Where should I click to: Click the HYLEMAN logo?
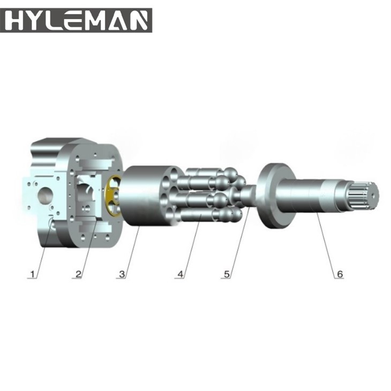[x=76, y=20]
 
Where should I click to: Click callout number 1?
[x=33, y=274]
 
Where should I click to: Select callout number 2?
[x=78, y=274]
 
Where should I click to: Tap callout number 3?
[x=122, y=274]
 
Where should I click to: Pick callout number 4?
[x=181, y=274]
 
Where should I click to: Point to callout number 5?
[x=227, y=274]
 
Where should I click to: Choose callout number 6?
[x=339, y=274]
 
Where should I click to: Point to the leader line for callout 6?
[x=328, y=244]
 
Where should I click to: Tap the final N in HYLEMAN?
[x=139, y=20]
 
